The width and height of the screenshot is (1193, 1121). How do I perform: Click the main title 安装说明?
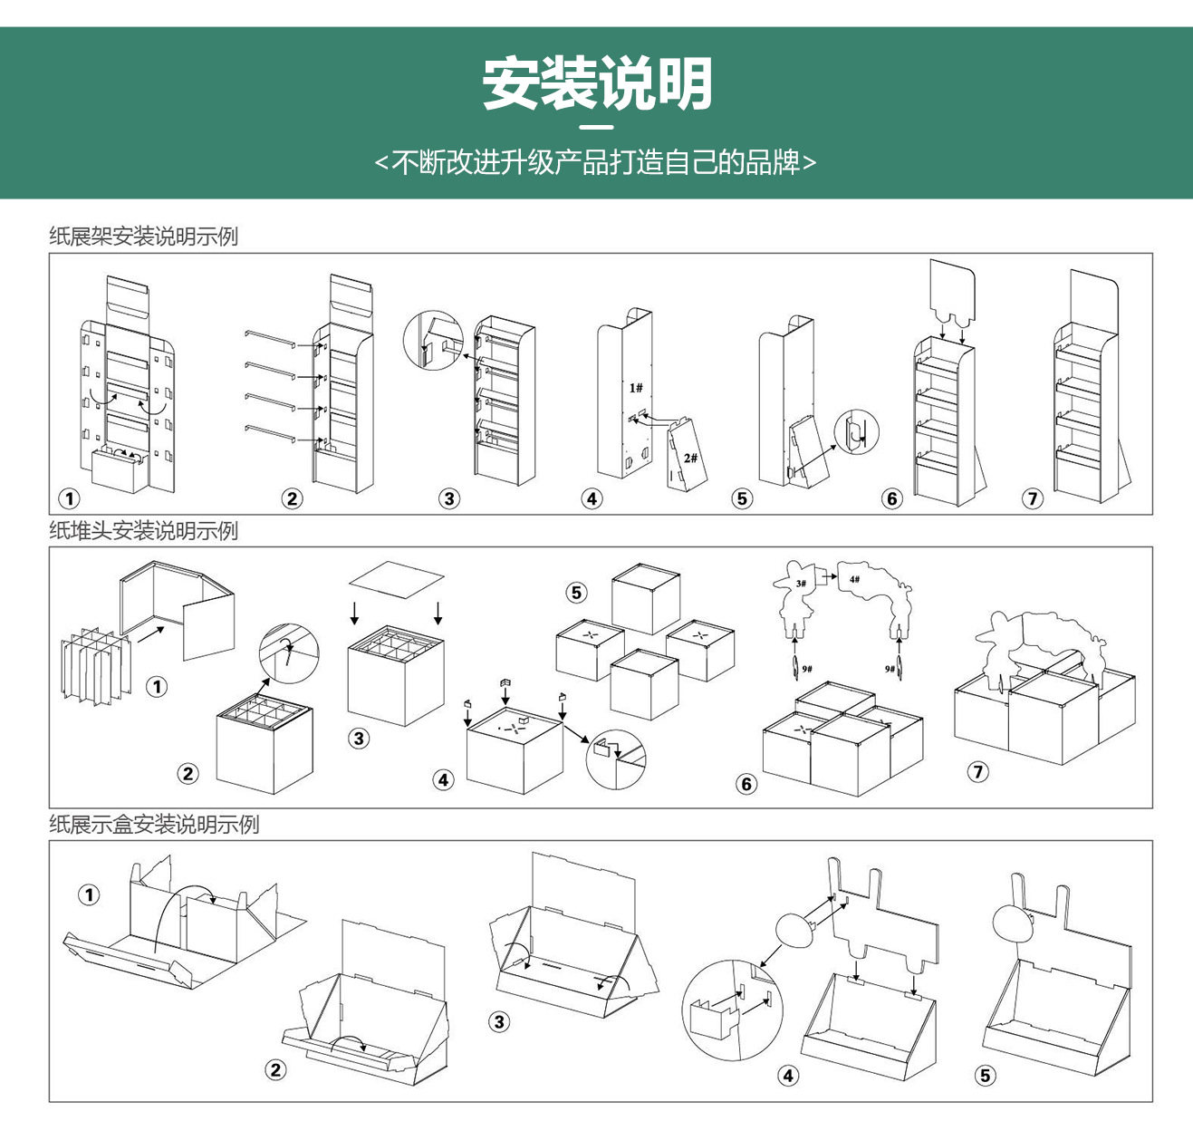597,84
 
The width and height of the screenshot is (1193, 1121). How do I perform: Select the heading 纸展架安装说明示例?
143,237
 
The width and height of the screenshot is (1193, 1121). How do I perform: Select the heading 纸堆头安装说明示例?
143,530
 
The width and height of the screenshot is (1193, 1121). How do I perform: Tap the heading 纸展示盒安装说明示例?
154,824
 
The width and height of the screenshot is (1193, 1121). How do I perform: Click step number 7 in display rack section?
1033,498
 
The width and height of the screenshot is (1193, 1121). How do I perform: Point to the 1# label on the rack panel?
636,388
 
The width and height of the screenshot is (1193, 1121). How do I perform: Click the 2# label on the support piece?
690,458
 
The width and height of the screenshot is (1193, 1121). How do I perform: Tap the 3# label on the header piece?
801,584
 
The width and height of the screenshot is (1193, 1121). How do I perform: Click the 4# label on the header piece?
854,579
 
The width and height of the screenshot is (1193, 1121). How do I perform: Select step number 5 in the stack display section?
576,593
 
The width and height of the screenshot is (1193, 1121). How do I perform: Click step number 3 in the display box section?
499,1022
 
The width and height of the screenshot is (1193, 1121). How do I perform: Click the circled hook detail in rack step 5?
856,432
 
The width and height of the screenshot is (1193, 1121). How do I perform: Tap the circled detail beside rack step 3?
434,341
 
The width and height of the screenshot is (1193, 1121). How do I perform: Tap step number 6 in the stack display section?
746,784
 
